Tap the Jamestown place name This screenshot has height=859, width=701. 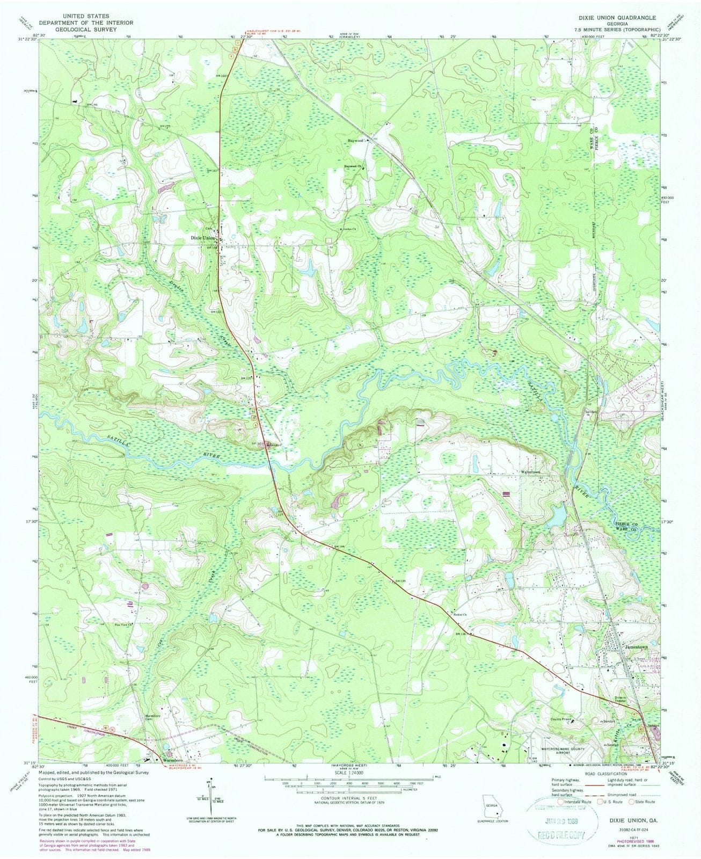pyautogui.click(x=637, y=647)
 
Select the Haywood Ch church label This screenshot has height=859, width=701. pyautogui.click(x=352, y=167)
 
